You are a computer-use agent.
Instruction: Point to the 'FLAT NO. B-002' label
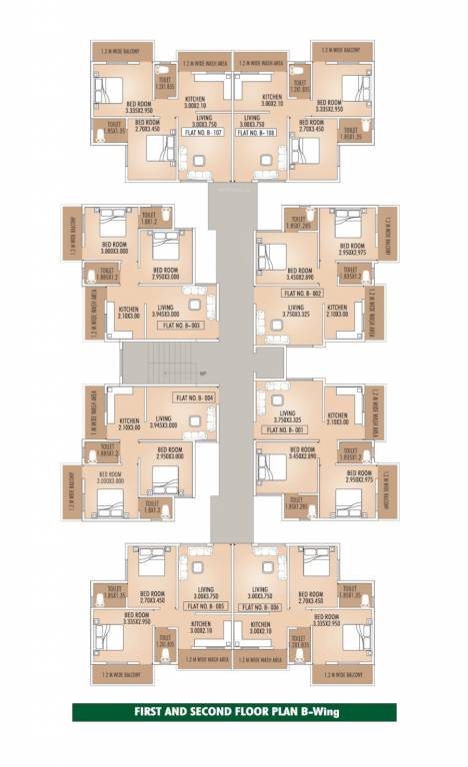(x=301, y=294)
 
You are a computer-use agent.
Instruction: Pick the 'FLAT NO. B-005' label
(x=205, y=606)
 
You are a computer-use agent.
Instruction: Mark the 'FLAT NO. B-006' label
(x=260, y=606)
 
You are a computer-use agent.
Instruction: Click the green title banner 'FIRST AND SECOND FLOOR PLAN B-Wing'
(x=233, y=713)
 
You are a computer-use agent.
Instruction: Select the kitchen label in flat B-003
(x=128, y=313)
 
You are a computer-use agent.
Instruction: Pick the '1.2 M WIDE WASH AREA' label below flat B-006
(x=260, y=660)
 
